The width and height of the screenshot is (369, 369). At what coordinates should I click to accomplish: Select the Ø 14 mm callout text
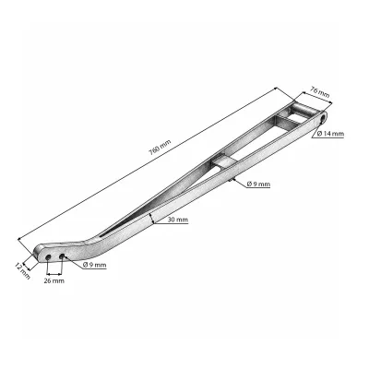[331, 134]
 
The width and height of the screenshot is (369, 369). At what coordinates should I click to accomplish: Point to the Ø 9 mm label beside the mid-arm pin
[258, 184]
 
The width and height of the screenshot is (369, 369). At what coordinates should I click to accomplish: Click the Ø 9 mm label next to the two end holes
[95, 265]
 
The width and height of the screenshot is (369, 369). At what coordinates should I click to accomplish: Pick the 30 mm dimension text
[178, 220]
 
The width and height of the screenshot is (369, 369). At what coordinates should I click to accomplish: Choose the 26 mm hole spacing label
[54, 280]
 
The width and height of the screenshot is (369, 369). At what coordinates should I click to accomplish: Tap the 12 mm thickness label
[23, 271]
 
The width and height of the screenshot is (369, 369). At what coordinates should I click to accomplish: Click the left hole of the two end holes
[48, 257]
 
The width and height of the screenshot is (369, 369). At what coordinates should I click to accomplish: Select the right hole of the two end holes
[62, 256]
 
